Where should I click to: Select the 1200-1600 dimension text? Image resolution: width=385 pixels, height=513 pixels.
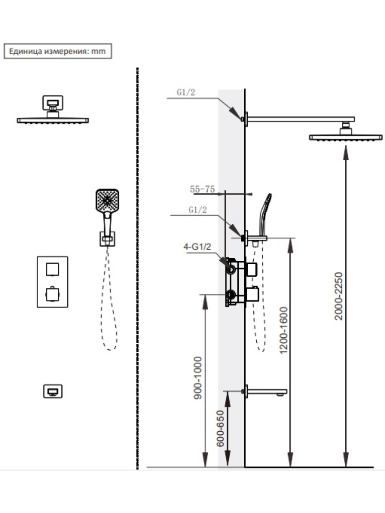pyautogui.click(x=283, y=331)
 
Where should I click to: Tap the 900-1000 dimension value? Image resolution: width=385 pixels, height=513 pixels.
pyautogui.click(x=198, y=377)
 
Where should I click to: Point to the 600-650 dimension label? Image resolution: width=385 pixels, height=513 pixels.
pyautogui.click(x=221, y=428)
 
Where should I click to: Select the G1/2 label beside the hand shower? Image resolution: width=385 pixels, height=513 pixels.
pyautogui.click(x=197, y=210)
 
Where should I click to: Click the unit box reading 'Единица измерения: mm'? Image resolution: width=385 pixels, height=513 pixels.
pyautogui.click(x=58, y=51)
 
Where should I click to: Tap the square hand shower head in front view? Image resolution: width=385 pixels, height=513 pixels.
pyautogui.click(x=107, y=200)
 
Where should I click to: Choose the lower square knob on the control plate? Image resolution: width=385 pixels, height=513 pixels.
pyautogui.click(x=53, y=294)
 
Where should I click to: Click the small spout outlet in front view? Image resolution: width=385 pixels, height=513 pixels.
pyautogui.click(x=53, y=391)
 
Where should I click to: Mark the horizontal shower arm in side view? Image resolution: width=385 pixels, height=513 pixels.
pyautogui.click(x=299, y=119)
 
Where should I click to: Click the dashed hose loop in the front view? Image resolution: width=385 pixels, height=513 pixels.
pyautogui.click(x=109, y=308)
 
